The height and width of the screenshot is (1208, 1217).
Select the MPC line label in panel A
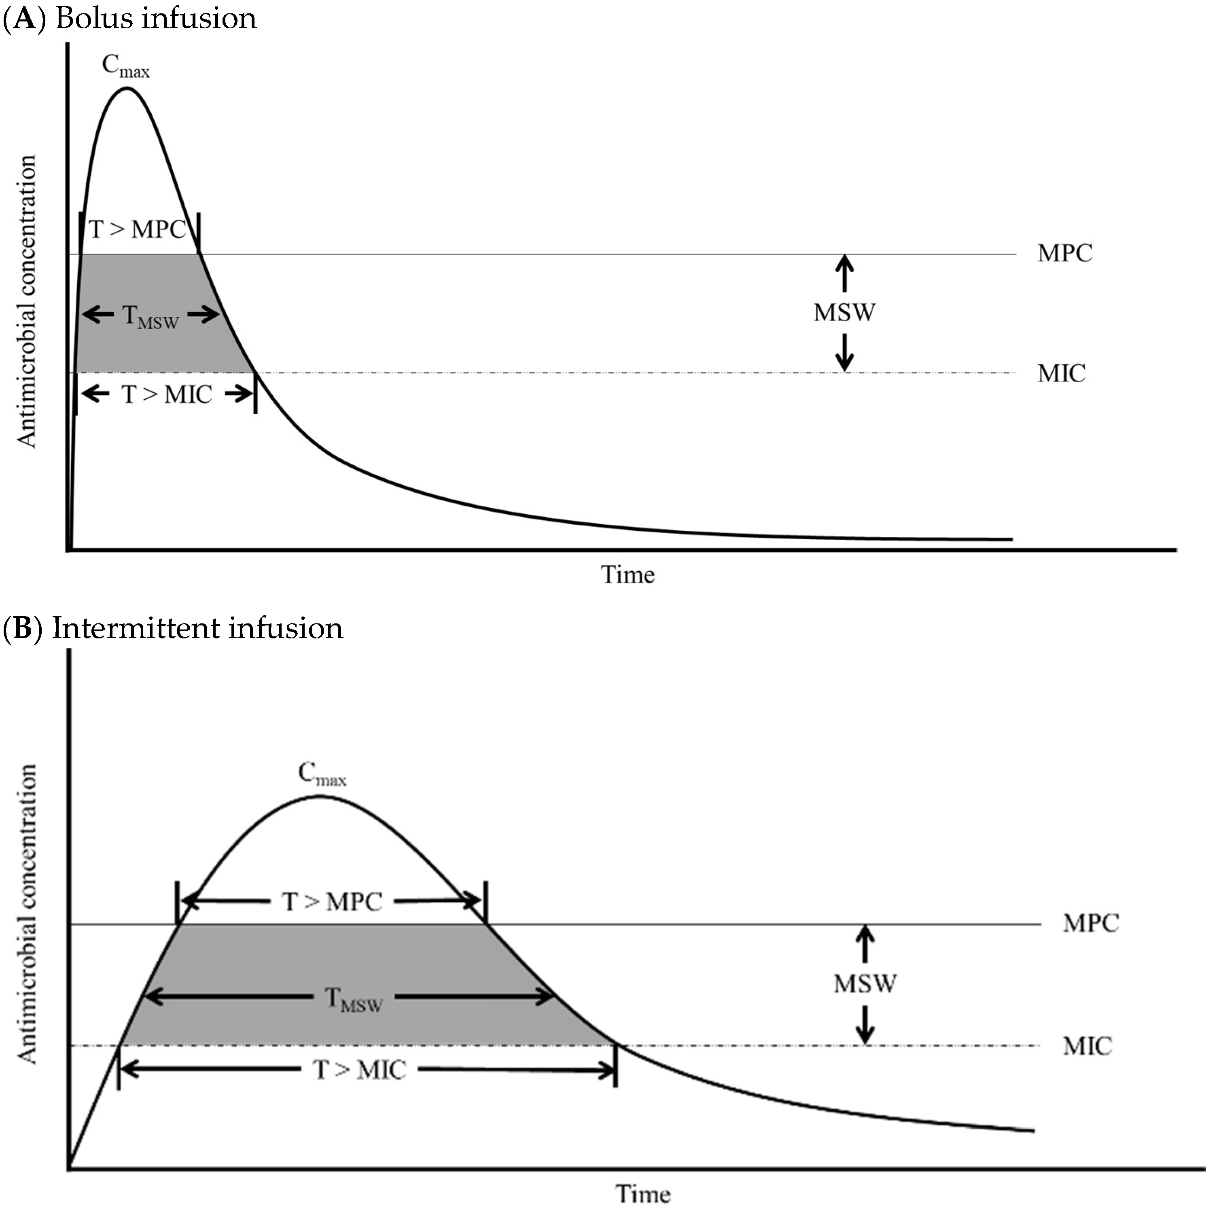point(1064,254)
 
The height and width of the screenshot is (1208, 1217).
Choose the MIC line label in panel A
point(1061,373)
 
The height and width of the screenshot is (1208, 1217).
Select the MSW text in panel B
point(865,984)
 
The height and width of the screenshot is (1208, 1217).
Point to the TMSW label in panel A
point(151,317)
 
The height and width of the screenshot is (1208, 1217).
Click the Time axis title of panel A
point(628,574)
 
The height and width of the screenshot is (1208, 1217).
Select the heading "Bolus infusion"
point(156,18)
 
